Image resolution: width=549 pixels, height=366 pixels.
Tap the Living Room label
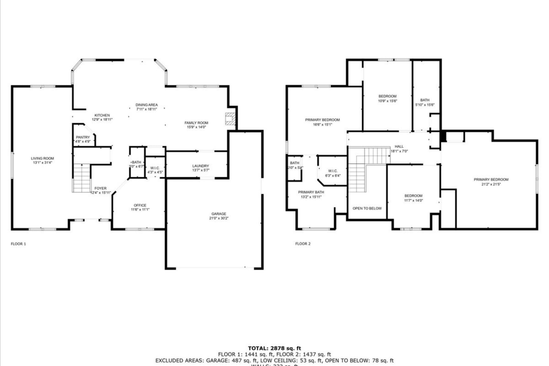42,158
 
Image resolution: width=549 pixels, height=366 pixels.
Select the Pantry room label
83,137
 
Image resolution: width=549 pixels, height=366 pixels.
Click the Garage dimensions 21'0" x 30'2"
219,218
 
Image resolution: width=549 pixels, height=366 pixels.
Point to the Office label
140,205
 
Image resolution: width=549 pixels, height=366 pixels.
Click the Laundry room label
200,166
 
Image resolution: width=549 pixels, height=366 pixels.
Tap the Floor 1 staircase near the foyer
82,178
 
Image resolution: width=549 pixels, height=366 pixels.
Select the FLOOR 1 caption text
18,244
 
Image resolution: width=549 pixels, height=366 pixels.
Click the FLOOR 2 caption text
303,244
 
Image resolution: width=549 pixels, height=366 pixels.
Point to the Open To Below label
367,208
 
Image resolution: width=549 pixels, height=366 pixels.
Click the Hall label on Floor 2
399,146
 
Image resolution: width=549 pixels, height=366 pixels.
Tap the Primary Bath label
311,192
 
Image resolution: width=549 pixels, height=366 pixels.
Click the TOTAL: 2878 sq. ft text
274,348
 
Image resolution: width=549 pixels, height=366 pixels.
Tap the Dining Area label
147,105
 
